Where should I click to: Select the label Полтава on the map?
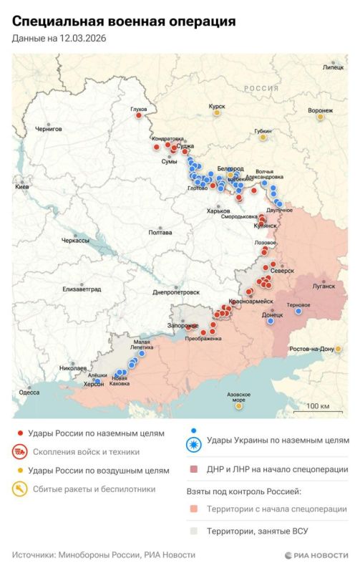point(160,233)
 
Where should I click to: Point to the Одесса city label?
point(29,392)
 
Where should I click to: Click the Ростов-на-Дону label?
point(311,349)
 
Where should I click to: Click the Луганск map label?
point(323,286)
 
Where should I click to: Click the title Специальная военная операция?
point(124,22)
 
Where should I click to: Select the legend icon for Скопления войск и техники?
point(20,452)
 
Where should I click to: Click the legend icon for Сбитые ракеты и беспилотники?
point(20,490)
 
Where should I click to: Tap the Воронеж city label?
point(320,110)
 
